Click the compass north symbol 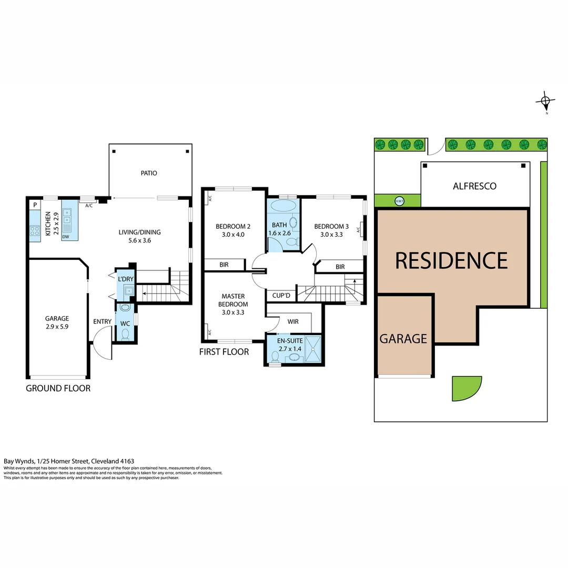tap(546, 100)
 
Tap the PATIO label tap(149, 173)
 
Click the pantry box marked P tap(35, 205)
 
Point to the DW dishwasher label tap(66, 237)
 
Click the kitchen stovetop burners tap(35, 230)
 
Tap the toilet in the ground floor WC tap(125, 333)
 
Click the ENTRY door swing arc tap(102, 342)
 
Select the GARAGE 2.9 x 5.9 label tap(57, 322)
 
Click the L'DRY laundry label tap(126, 278)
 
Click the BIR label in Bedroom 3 tap(340, 267)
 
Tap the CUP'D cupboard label tap(282, 296)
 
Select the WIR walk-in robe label tap(293, 321)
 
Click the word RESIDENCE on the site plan tap(451, 260)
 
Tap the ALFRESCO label tap(474, 186)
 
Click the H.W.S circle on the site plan tap(399, 200)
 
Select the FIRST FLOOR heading tap(224, 352)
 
